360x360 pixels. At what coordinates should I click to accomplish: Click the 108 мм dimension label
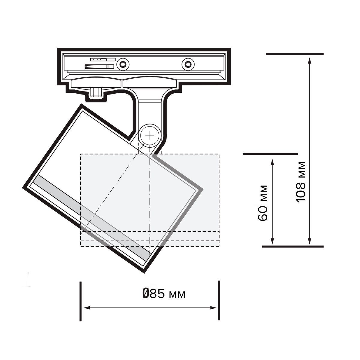pos(301,182)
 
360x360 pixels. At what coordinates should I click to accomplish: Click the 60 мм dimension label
pos(262,203)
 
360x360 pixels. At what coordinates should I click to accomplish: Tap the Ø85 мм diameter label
pos(164,294)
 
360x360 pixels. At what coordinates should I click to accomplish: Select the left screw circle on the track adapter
pos(123,64)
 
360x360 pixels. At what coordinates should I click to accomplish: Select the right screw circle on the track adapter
pos(188,64)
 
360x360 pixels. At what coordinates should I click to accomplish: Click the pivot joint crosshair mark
pos(150,135)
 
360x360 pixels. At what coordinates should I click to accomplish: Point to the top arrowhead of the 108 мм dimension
pos(310,61)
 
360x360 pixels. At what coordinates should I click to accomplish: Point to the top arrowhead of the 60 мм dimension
pos(272,162)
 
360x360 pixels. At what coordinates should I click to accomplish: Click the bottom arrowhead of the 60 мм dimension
pos(272,241)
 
